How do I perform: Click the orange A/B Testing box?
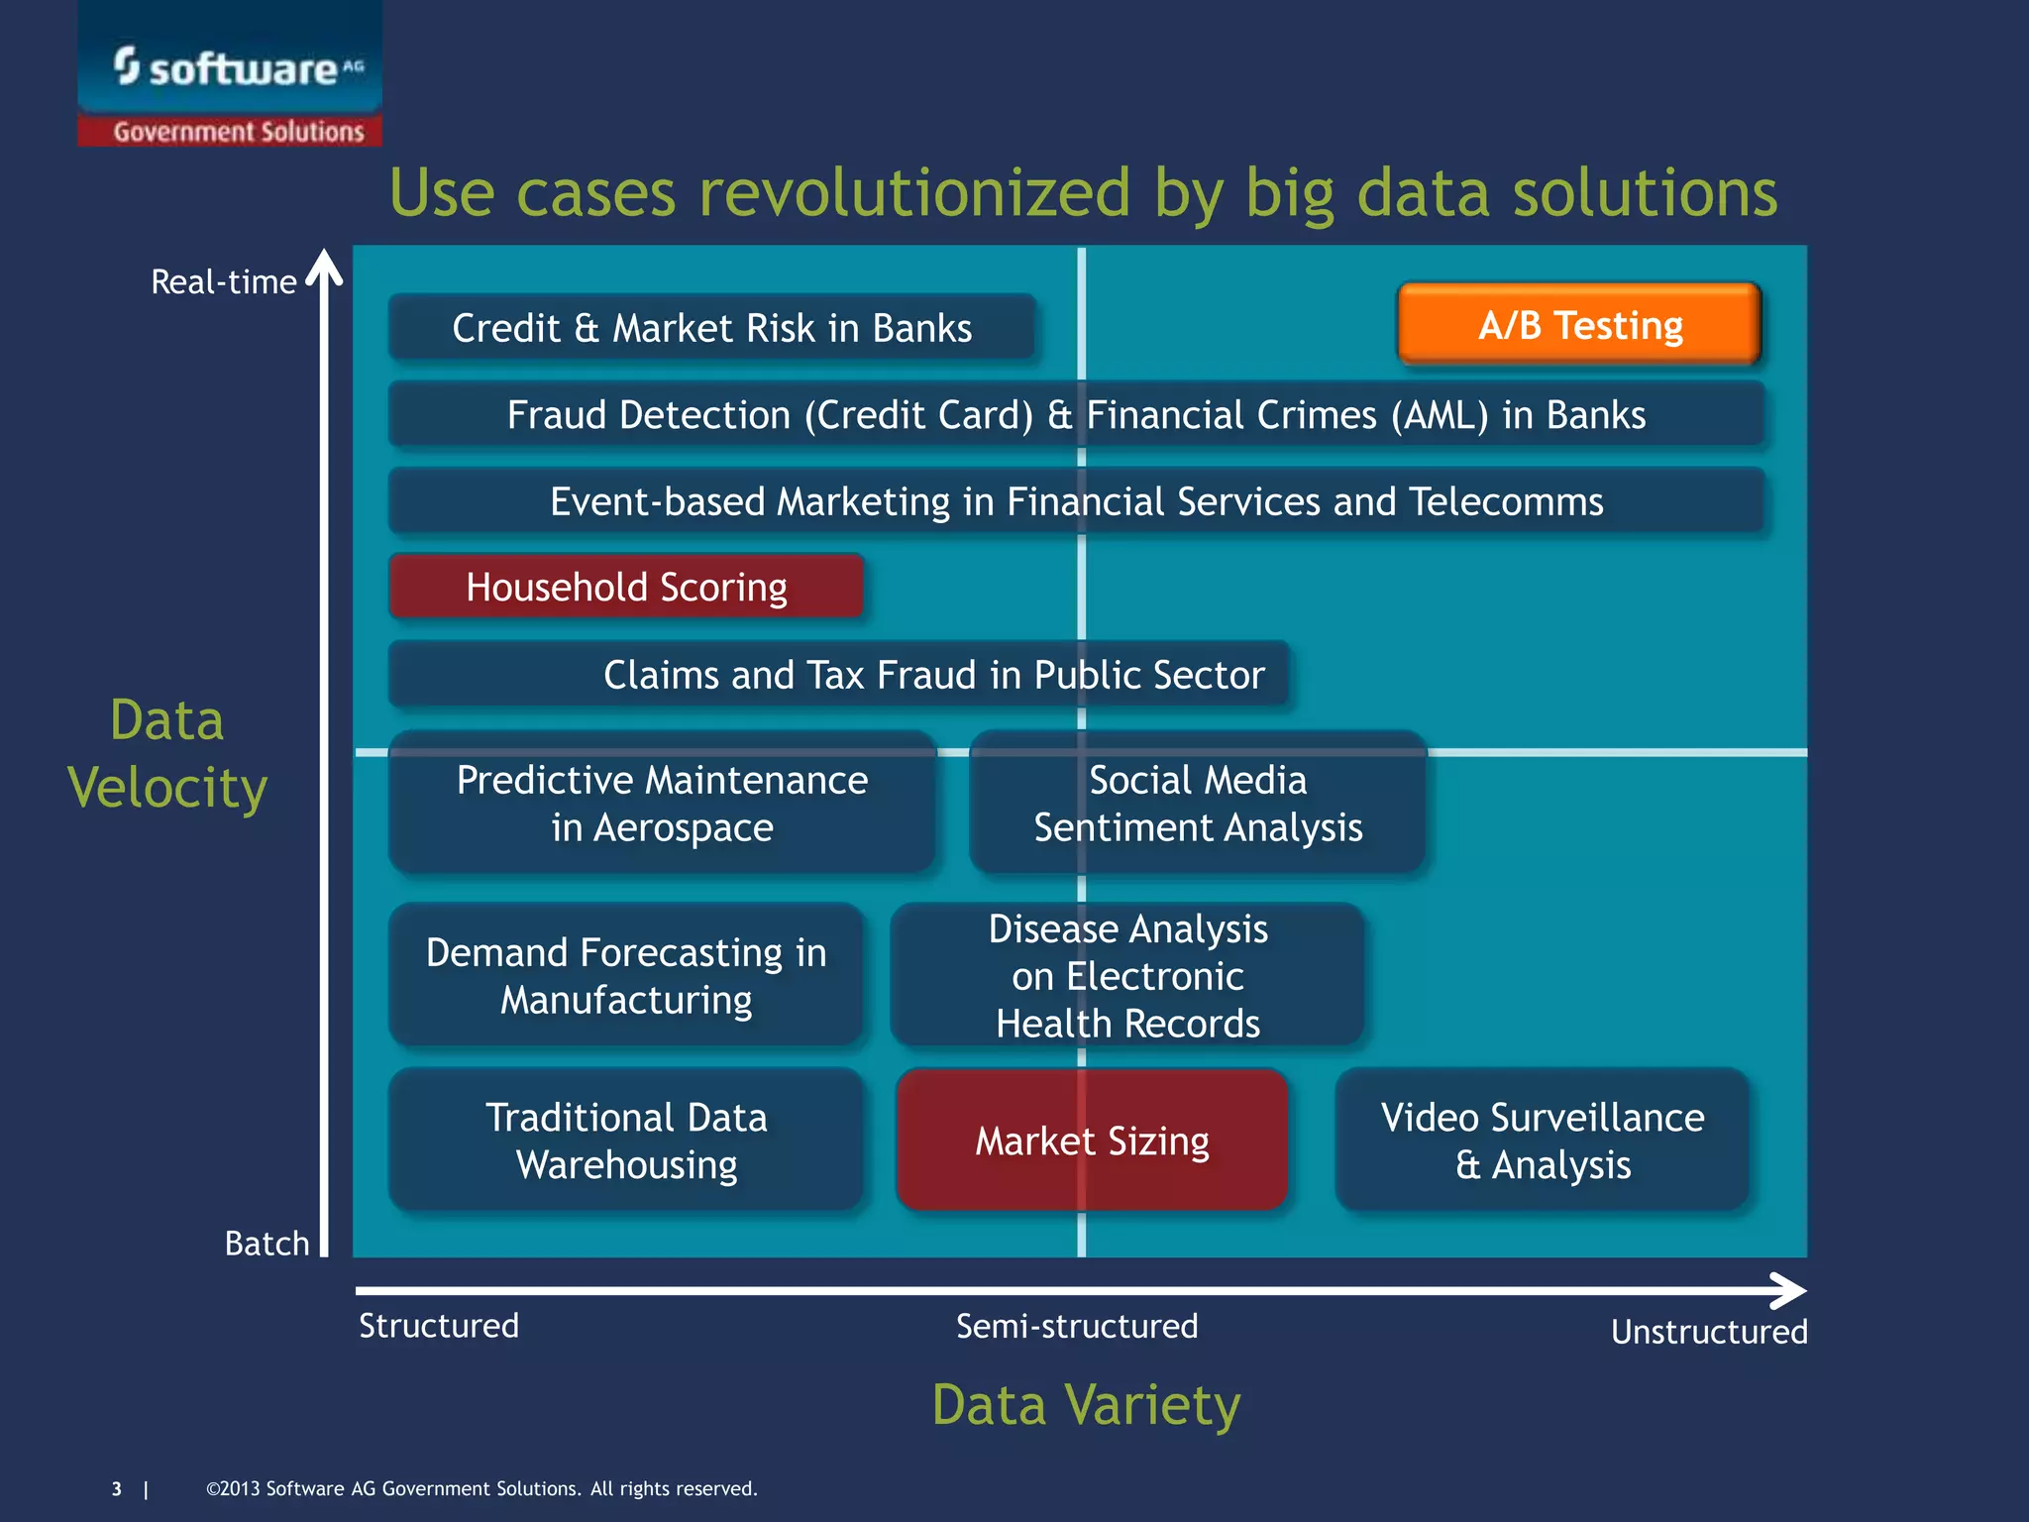click(x=1579, y=325)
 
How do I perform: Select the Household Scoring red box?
click(x=626, y=587)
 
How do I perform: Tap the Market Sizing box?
click(x=1092, y=1141)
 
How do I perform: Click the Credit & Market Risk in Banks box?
click(x=711, y=328)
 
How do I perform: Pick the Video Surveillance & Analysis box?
click(x=1542, y=1141)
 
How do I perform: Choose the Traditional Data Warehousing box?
click(x=626, y=1141)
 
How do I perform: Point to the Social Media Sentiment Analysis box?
click(x=1197, y=804)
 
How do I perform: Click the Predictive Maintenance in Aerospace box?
click(x=662, y=804)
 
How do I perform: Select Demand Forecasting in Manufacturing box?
click(x=626, y=975)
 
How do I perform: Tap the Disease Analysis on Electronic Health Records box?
click(x=1127, y=975)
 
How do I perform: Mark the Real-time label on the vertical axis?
click(x=223, y=282)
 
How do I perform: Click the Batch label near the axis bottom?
click(x=267, y=1244)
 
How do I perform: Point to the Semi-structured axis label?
click(x=1077, y=1326)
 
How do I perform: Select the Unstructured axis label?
click(x=1709, y=1332)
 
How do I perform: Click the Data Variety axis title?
click(x=1086, y=1405)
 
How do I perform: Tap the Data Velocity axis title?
click(x=167, y=753)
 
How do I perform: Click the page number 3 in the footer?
click(x=117, y=1489)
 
